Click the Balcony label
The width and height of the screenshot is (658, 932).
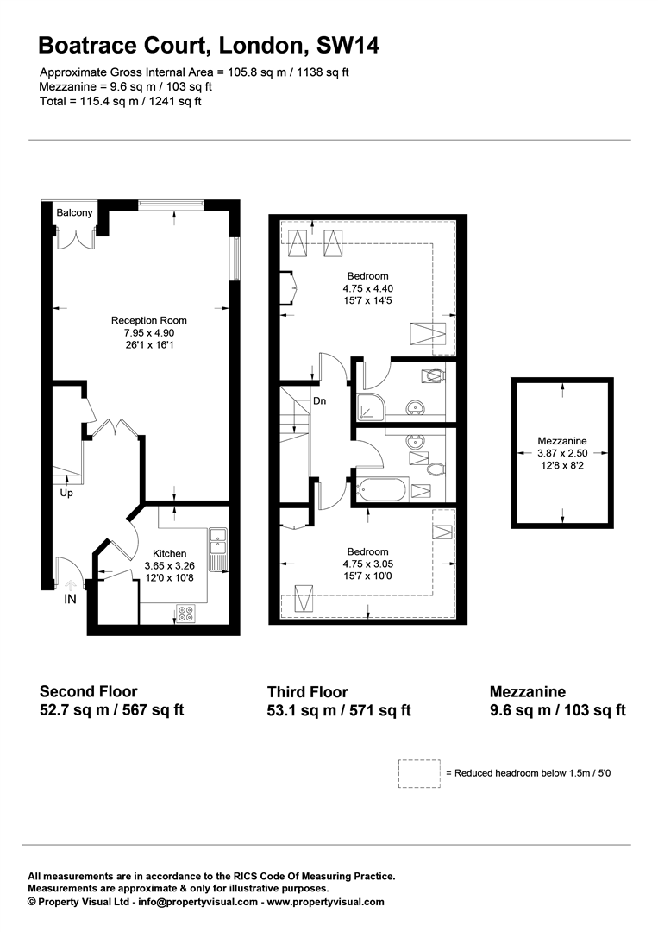click(74, 213)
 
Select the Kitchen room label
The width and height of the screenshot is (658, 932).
click(169, 553)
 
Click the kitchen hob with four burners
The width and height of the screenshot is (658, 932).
click(185, 614)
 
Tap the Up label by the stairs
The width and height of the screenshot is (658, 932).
click(66, 494)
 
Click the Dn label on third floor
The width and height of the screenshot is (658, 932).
click(319, 400)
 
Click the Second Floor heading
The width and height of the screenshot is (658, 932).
click(88, 691)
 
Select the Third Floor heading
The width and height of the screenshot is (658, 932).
click(308, 692)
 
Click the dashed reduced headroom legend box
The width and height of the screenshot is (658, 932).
click(419, 773)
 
